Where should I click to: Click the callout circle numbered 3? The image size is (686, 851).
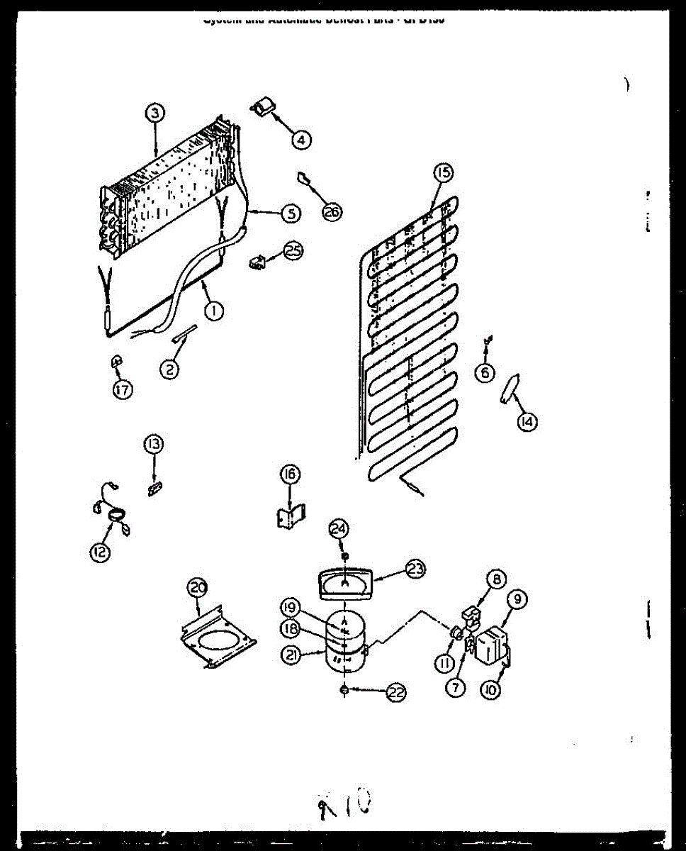point(155,112)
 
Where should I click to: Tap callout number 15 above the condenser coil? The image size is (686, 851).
point(443,172)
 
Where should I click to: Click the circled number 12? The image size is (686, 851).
point(101,552)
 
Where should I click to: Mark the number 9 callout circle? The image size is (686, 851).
point(517,599)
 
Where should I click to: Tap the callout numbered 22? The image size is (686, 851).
point(396,694)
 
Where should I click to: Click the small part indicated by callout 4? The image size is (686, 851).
point(263,107)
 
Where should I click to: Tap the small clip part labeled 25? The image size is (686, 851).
point(257,262)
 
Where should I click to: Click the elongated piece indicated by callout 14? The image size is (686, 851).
point(509,389)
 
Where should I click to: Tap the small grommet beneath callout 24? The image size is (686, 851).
point(344,554)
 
